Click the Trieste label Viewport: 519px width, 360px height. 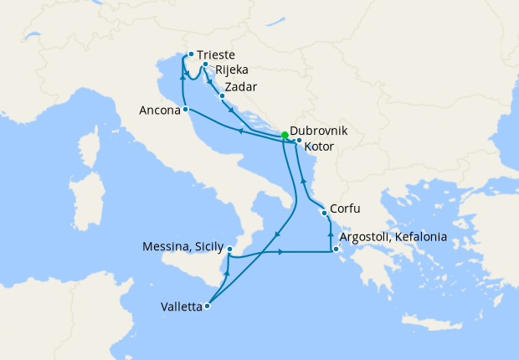tap(217, 55)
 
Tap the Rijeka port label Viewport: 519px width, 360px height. tap(232, 70)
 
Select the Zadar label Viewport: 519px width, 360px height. tap(240, 87)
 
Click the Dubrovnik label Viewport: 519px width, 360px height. tap(318, 132)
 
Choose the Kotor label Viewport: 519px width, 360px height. tap(320, 147)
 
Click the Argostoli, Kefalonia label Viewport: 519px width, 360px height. tap(393, 238)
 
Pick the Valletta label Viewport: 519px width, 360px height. tap(181, 306)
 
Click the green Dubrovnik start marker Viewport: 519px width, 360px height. tap(285, 134)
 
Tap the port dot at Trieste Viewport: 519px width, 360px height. tap(192, 54)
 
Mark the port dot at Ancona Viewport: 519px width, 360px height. tap(186, 110)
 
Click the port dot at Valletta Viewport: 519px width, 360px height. tap(208, 306)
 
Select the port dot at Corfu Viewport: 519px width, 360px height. tap(325, 213)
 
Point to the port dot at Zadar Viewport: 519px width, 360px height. tap(222, 95)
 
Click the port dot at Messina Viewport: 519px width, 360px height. tap(229, 249)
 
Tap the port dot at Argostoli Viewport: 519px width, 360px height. tap(336, 248)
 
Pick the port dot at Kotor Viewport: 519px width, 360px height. tap(299, 141)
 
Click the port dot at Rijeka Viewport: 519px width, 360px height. tap(206, 64)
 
